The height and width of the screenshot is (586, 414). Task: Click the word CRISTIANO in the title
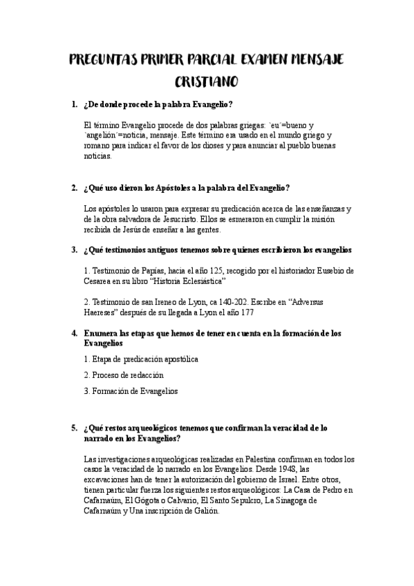click(x=207, y=82)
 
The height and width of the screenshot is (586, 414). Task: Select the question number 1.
click(x=74, y=104)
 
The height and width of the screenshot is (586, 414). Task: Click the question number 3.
click(x=74, y=249)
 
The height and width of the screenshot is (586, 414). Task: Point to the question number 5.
click(x=74, y=428)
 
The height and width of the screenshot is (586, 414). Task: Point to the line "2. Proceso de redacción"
click(x=123, y=375)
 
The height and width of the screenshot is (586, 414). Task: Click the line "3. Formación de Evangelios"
click(x=130, y=390)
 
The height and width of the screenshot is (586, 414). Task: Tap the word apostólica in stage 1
click(x=176, y=359)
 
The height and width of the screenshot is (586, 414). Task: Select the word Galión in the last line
click(x=203, y=511)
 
